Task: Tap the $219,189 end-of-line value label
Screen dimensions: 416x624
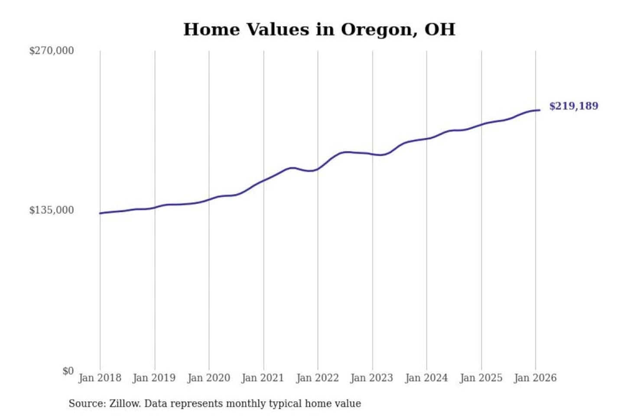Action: tap(573, 106)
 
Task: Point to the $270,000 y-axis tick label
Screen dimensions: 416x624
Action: tap(52, 51)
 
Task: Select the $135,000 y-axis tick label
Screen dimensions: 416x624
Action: tap(52, 210)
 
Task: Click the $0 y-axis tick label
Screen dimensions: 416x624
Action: tap(68, 371)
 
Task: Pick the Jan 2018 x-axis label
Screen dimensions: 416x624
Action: tap(100, 378)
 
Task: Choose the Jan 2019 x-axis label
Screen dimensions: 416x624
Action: tap(154, 378)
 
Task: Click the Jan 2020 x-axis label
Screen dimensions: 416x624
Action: tap(208, 378)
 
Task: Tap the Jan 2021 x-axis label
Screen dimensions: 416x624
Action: tap(263, 378)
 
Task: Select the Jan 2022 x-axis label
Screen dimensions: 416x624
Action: tap(317, 378)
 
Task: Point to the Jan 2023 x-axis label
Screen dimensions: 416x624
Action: tap(372, 378)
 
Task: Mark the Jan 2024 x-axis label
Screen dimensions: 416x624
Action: tap(426, 378)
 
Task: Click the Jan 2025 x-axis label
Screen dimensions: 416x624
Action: tap(481, 378)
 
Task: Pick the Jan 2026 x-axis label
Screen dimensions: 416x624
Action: tap(535, 378)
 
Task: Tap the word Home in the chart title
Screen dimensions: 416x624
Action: tap(212, 30)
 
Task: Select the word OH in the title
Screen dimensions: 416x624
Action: tap(440, 30)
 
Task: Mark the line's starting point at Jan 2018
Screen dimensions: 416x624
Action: tap(100, 213)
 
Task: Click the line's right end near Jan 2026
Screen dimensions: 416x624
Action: tap(539, 110)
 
